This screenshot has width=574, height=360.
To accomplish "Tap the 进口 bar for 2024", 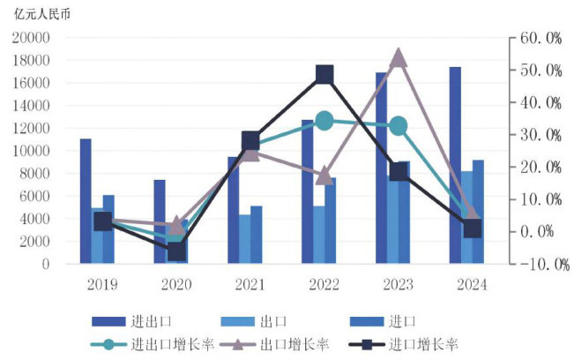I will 478,212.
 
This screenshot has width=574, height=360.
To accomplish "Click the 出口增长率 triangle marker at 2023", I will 398,58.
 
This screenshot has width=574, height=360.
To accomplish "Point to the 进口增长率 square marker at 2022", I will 324,74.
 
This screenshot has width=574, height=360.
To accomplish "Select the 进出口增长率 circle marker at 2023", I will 399,126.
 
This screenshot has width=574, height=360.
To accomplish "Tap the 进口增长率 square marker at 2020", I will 177,251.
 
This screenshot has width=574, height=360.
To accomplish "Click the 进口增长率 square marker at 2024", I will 473,229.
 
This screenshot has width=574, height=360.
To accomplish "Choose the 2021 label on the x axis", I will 250,285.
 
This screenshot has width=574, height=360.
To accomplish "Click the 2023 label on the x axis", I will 398,285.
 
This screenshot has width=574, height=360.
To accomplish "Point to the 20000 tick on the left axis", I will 31,38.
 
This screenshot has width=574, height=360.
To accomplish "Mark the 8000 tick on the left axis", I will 34,173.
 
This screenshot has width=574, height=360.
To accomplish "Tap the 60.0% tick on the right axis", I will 540,38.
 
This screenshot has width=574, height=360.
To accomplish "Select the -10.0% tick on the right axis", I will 538,264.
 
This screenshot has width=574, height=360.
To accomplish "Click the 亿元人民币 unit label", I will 40,13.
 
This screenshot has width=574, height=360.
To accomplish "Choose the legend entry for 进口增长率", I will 423,344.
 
